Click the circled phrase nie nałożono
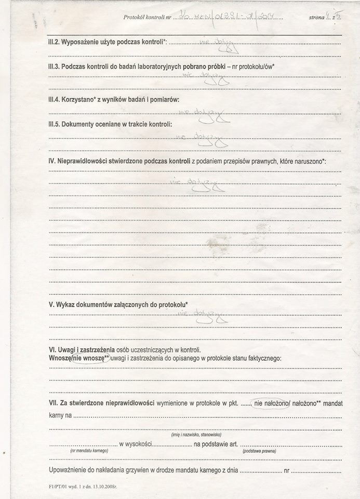pyautogui.click(x=271, y=403)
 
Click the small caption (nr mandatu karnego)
pyautogui.click(x=89, y=451)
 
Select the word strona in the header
pyautogui.click(x=317, y=17)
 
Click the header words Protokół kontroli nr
pyautogui.click(x=147, y=17)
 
